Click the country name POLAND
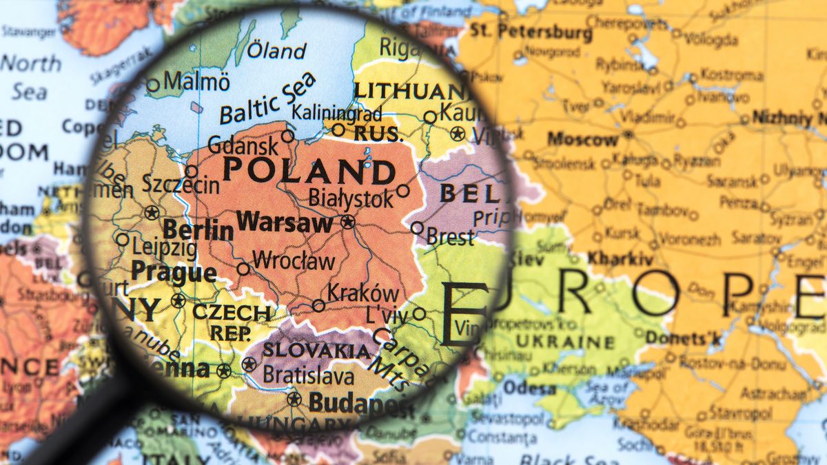point(309,171)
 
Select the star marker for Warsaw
point(347,222)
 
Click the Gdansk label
point(243,145)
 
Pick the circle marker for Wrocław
point(243,269)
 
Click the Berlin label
point(198,230)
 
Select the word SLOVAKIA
point(316,350)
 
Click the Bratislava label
point(309,376)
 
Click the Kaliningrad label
point(337,112)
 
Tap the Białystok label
point(351,198)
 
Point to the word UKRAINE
point(565,342)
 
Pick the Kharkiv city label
point(620,260)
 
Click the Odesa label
point(529,388)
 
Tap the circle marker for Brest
point(417,227)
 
